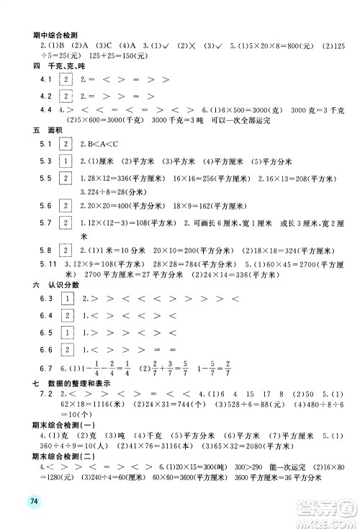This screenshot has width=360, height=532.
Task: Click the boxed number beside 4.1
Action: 66,79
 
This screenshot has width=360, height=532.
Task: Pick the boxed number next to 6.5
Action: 66,333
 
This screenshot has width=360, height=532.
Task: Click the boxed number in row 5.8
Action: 66,251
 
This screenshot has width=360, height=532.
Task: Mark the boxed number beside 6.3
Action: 66,299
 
